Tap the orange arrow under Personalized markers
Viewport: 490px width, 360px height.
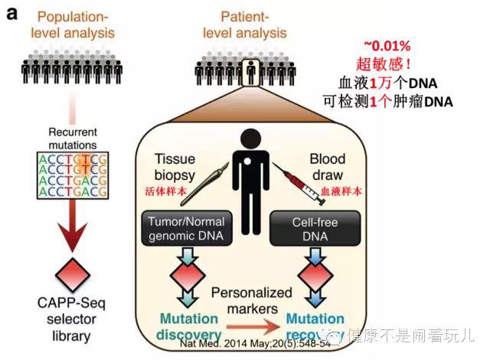[x=250, y=325]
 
